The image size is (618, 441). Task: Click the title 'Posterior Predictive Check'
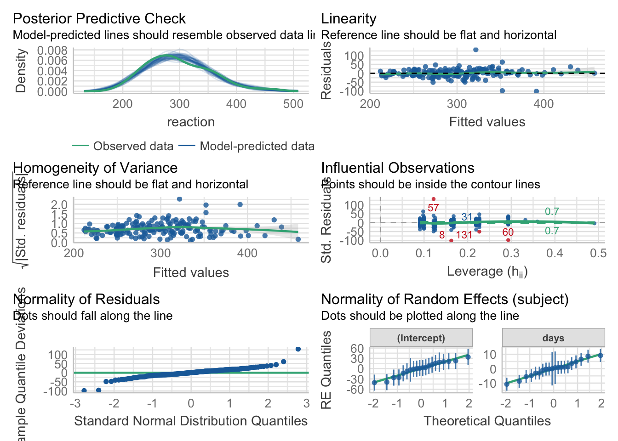coord(99,19)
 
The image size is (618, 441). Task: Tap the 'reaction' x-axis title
coord(191,122)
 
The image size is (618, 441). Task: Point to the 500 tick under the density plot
coord(293,104)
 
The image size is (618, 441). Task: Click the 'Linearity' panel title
coord(349,19)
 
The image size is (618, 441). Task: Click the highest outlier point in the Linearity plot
coord(476,50)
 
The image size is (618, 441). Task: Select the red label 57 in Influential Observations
coord(433,208)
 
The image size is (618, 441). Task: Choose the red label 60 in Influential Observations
coord(508,232)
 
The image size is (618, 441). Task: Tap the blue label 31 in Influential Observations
coord(467,217)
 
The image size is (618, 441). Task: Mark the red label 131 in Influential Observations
coord(464,235)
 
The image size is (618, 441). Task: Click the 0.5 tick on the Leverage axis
coord(598,254)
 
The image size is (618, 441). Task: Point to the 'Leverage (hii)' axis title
coord(487,271)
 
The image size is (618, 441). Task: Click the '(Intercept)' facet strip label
coord(421,338)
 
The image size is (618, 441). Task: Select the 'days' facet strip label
coord(553,338)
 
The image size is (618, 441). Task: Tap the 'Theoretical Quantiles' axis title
coord(487,421)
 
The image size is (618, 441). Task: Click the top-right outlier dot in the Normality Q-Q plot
coord(298,349)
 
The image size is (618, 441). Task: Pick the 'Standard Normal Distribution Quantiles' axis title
coord(191,421)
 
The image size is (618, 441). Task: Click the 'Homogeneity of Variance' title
coord(95,168)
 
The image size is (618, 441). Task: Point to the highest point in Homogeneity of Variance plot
coord(179,199)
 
